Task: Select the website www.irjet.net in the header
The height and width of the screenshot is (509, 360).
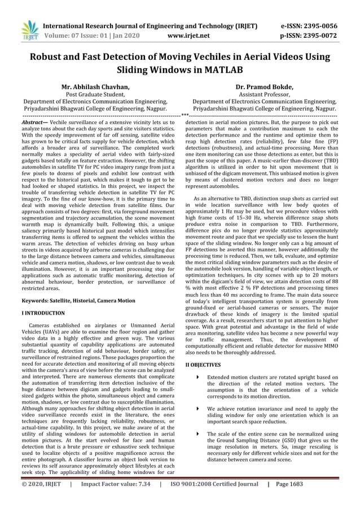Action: click(189, 36)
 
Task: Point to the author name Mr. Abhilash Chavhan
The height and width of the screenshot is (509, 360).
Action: click(95, 87)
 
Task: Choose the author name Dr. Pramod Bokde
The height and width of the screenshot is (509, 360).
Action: click(264, 87)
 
